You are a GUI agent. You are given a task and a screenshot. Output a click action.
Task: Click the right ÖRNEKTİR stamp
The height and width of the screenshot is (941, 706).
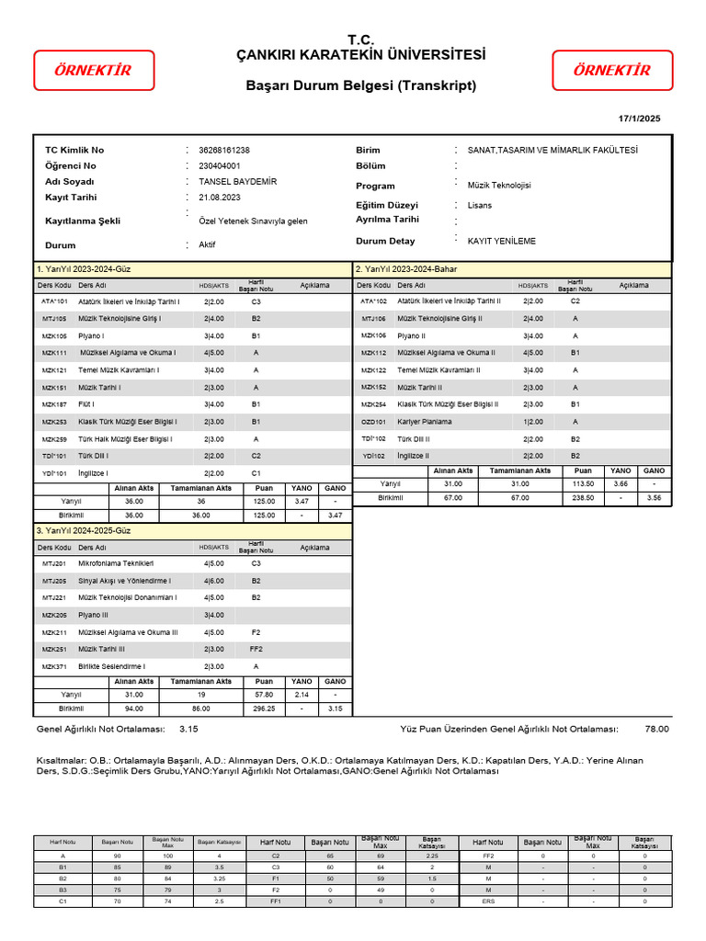click(x=611, y=71)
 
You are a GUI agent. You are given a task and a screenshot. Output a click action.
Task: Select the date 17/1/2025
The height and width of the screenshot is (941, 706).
click(x=639, y=119)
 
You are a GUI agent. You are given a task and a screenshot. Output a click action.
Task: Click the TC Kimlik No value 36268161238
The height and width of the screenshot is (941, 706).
click(x=218, y=151)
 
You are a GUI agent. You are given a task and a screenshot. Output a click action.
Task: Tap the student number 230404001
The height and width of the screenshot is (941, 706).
click(x=211, y=166)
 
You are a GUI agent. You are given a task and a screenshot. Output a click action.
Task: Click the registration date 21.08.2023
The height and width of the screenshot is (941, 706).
click(x=212, y=198)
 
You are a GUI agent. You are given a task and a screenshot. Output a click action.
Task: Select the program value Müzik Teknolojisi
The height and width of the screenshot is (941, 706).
click(x=499, y=186)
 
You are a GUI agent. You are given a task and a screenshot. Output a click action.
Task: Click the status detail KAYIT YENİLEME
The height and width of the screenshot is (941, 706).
click(x=501, y=242)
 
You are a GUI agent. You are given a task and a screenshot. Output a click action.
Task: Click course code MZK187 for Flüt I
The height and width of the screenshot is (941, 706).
click(x=54, y=404)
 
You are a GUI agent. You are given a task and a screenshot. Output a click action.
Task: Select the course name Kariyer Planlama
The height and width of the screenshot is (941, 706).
click(x=424, y=422)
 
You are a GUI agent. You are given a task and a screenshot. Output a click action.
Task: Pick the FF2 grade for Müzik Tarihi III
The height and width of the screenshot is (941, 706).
click(x=256, y=649)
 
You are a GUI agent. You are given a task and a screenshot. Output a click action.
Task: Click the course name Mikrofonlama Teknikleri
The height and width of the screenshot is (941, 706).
click(x=116, y=562)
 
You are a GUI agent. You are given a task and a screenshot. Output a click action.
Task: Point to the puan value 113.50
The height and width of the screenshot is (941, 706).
click(x=583, y=483)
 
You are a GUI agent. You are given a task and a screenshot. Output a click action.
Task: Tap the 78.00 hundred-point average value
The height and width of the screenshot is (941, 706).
click(x=656, y=729)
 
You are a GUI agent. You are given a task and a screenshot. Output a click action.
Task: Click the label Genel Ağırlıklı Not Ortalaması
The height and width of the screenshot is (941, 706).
click(x=100, y=729)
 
